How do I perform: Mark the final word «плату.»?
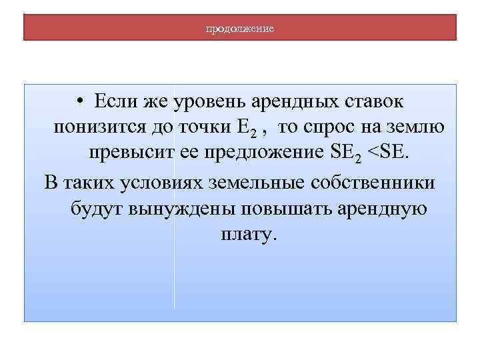pyautogui.click(x=246, y=235)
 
